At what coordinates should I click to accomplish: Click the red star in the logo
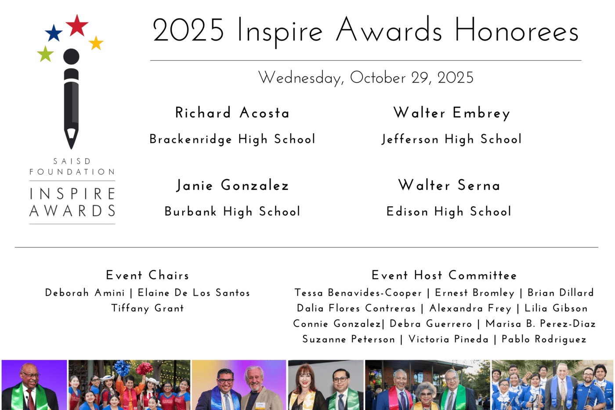(x=77, y=25)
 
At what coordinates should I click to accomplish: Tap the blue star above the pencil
(x=54, y=33)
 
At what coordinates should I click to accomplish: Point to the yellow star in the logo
(x=96, y=43)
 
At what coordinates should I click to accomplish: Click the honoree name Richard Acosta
(x=232, y=113)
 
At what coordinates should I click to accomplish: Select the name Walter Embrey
(x=452, y=113)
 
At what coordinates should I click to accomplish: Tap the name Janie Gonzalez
(x=232, y=185)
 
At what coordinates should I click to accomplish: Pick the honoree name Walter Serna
(x=449, y=185)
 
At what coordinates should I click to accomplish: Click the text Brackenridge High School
(x=232, y=139)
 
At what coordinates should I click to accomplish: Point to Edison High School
(x=449, y=212)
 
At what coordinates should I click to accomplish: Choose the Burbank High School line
(x=232, y=212)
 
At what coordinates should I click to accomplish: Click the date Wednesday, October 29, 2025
(x=365, y=78)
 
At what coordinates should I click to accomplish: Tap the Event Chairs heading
(x=148, y=276)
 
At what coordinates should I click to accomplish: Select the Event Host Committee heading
(x=444, y=276)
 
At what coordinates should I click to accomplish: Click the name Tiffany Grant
(x=148, y=308)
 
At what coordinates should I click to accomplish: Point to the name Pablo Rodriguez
(x=544, y=340)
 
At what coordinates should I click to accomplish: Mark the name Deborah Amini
(x=85, y=293)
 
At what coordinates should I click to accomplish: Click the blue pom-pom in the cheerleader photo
(x=122, y=368)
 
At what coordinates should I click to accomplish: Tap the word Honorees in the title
(x=517, y=30)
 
